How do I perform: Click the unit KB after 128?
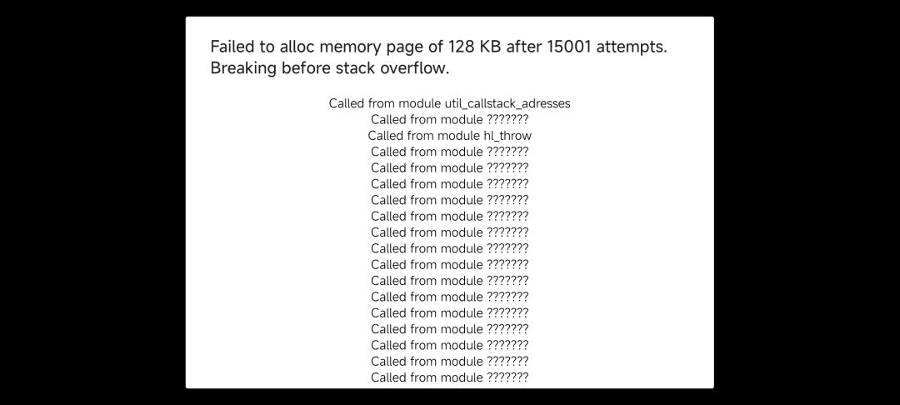point(490,47)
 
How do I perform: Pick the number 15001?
point(569,47)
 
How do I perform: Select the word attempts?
point(632,47)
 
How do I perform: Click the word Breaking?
point(244,69)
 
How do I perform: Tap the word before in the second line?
point(305,67)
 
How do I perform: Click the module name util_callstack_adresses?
point(508,104)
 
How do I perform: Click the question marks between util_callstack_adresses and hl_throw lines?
point(507,120)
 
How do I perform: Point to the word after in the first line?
point(524,47)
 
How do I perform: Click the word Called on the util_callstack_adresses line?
point(347,104)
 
